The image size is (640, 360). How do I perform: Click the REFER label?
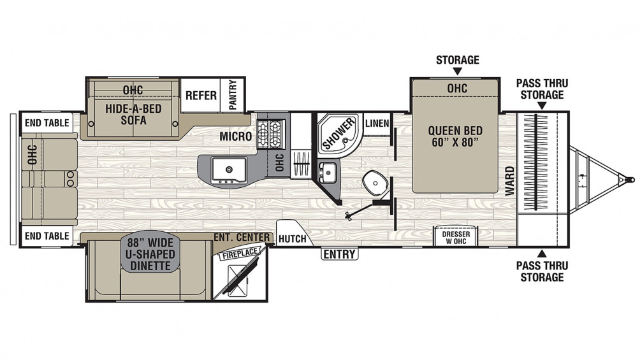click(201, 96)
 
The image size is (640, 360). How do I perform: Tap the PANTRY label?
click(233, 95)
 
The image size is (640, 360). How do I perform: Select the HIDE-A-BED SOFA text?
click(133, 114)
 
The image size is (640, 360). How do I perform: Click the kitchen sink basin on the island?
click(229, 169)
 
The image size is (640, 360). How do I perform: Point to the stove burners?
click(271, 134)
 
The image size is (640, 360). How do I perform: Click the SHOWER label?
click(338, 134)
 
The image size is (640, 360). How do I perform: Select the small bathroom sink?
click(328, 172)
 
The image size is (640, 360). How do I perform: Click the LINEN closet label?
click(377, 123)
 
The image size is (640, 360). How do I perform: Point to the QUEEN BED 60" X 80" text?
click(455, 137)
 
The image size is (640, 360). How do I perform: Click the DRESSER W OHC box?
click(456, 236)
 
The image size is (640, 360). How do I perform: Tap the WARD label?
click(510, 181)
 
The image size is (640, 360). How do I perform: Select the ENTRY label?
click(340, 254)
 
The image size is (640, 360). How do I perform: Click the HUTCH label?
click(292, 239)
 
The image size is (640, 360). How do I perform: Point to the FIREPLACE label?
click(240, 253)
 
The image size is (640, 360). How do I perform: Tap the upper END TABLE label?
click(47, 123)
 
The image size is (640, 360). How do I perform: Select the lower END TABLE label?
click(47, 236)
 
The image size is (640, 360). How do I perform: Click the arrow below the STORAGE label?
click(458, 71)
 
